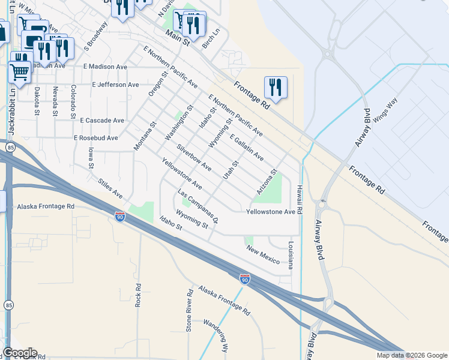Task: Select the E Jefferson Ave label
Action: point(116,85)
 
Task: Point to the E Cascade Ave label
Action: point(103,121)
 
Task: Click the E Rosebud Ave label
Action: point(95,138)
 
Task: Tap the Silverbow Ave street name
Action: point(194,157)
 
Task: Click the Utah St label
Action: point(231,169)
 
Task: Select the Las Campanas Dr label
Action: point(197,207)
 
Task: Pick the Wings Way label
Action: point(385,110)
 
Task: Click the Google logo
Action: point(19,353)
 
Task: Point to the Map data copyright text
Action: point(411,355)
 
